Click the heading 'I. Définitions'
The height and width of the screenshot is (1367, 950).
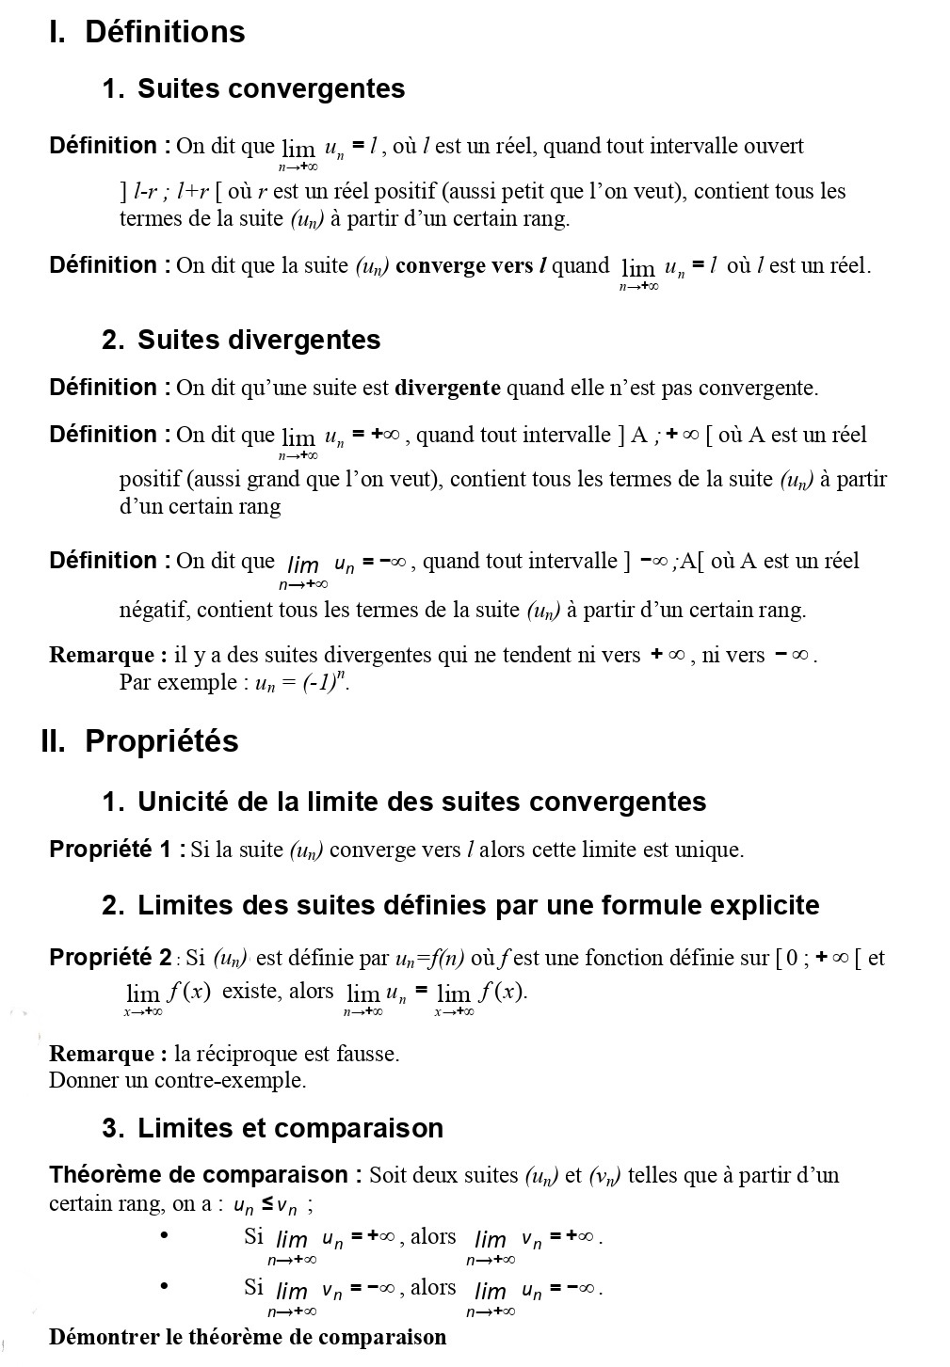click(x=147, y=32)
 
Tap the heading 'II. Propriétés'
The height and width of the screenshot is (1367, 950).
click(x=140, y=741)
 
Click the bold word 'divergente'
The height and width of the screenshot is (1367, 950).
click(x=447, y=388)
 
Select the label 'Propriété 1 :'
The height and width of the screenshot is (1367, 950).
click(x=117, y=850)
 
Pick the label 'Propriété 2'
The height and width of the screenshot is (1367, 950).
click(x=110, y=958)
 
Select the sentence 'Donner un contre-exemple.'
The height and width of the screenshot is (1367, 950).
click(x=178, y=1080)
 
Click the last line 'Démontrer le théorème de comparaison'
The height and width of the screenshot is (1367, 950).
click(x=248, y=1337)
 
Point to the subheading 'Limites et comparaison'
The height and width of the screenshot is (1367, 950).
click(x=290, y=1128)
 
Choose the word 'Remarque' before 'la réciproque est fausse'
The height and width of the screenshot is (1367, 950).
click(x=103, y=1054)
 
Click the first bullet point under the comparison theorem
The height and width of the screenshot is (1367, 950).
click(x=165, y=1236)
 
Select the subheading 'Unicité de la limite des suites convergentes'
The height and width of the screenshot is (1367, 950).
click(x=422, y=803)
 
